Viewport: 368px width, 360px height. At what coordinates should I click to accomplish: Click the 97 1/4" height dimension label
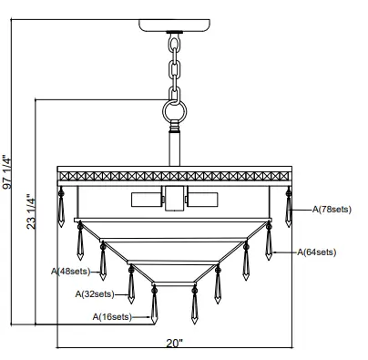[x=7, y=172]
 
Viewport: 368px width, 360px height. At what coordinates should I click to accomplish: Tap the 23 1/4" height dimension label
[x=31, y=211]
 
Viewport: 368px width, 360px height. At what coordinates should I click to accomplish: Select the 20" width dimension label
[x=175, y=343]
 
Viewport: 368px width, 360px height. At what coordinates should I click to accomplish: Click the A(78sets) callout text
[x=332, y=210]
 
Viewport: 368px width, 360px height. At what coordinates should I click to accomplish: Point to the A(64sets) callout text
[x=316, y=252]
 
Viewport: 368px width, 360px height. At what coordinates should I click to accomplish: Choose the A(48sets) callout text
[x=71, y=271]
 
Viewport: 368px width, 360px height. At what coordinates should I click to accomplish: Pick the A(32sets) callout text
[x=95, y=293]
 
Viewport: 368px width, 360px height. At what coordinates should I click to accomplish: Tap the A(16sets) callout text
[x=112, y=317]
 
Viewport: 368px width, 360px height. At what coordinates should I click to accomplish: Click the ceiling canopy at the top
[x=174, y=26]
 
